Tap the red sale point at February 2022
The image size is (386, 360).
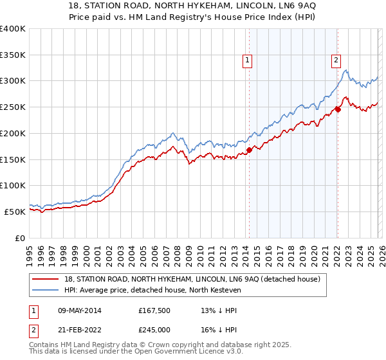338,110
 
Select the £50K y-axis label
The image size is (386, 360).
15,212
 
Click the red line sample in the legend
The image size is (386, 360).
46,279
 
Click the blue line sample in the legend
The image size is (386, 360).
46,291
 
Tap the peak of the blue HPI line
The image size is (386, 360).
345,70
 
